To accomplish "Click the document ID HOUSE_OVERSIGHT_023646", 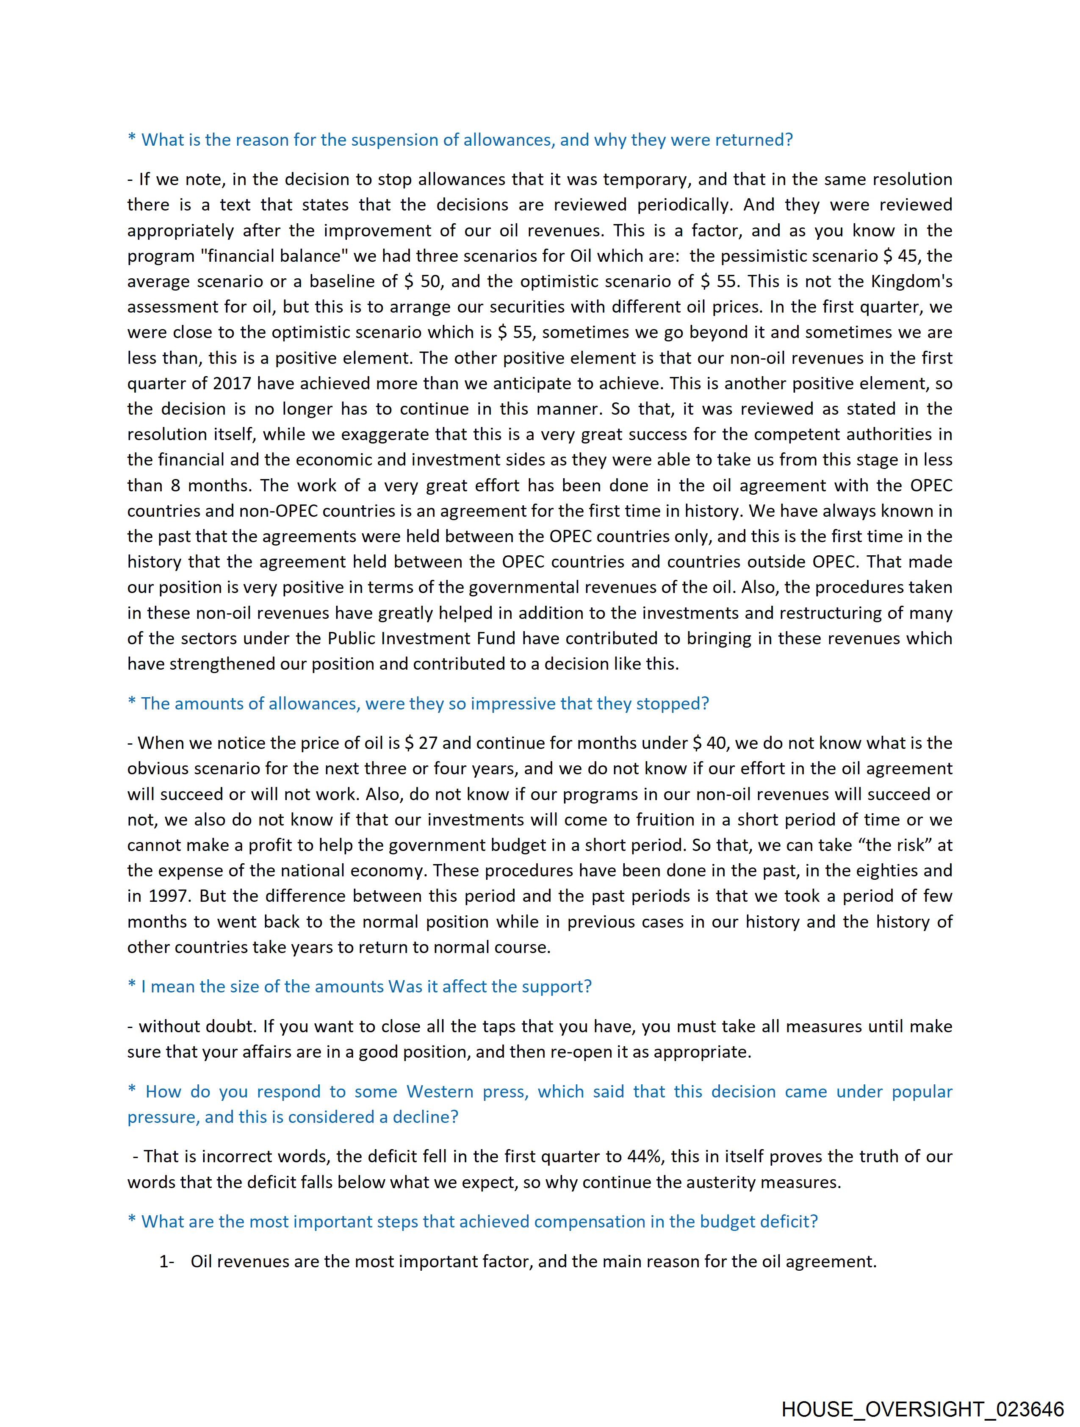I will (922, 1408).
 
